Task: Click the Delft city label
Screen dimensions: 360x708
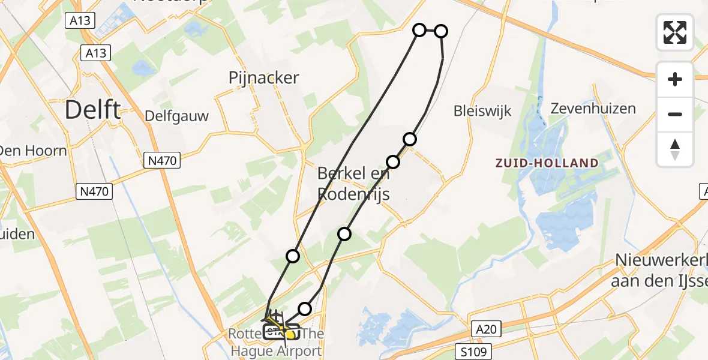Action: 92,110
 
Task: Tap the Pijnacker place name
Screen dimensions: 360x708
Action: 263,77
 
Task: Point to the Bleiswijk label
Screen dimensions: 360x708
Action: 482,110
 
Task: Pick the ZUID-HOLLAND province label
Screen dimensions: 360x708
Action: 546,163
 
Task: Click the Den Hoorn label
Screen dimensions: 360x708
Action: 33,150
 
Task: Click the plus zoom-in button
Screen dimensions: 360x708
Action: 675,79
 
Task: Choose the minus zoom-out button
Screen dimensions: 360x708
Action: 675,114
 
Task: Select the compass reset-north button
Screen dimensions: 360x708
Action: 675,149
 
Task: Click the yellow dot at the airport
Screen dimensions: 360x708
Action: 291,334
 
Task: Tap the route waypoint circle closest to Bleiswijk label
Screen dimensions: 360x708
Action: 410,139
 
